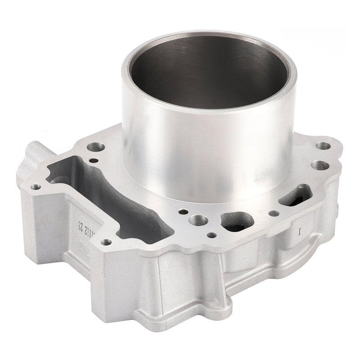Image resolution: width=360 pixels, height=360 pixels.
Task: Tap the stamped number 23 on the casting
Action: (81, 225)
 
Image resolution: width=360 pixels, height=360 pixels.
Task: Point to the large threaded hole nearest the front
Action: (198, 221)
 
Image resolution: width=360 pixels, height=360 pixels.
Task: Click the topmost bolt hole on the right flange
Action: (323, 146)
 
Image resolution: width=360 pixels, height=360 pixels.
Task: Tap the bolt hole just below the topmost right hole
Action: (321, 165)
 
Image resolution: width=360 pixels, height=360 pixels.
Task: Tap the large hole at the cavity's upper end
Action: (97, 147)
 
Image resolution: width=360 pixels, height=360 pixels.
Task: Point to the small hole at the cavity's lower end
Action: (106, 242)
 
